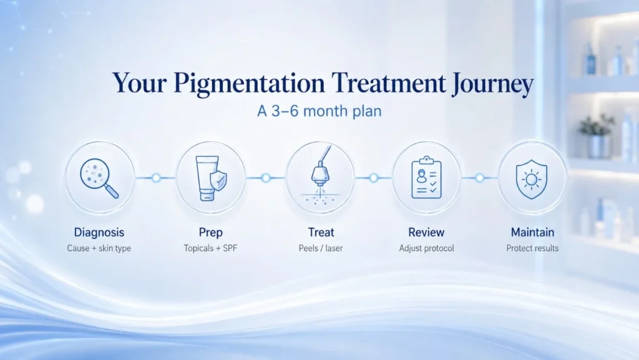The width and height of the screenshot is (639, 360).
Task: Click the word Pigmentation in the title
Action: click(249, 84)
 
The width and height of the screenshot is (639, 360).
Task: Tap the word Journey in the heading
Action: click(493, 84)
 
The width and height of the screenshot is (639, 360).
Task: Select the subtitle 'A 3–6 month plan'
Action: click(319, 111)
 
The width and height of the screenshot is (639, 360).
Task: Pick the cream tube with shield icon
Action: click(211, 178)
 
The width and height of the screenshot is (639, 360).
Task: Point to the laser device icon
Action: click(320, 176)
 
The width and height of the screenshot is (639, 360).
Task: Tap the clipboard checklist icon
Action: click(426, 178)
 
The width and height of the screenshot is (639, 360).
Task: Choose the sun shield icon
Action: click(532, 179)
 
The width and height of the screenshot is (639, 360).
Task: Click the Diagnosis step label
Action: click(99, 233)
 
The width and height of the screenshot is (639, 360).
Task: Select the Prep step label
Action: click(211, 233)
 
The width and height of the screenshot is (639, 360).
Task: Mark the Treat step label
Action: click(321, 232)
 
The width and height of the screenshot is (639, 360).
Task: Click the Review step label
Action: click(426, 232)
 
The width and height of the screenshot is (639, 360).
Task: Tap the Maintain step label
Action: click(533, 232)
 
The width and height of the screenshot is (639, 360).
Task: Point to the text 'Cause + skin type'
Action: click(99, 248)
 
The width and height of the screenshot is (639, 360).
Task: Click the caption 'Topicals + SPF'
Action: click(210, 248)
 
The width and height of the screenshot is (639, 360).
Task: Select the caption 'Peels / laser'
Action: click(321, 248)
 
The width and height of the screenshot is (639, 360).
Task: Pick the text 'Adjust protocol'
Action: click(426, 248)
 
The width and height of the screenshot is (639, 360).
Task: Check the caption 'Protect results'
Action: click(532, 248)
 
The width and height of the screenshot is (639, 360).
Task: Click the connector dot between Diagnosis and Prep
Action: click(156, 178)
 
